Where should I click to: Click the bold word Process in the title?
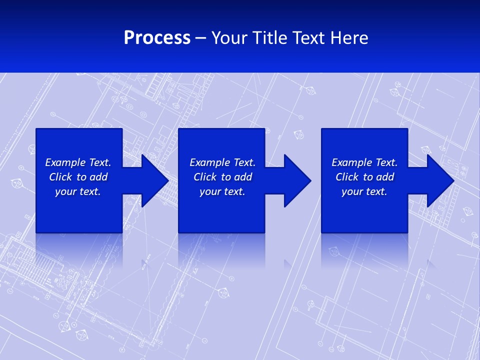157,38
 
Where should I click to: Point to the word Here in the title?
348,38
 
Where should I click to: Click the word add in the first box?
98,177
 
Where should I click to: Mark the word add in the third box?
385,177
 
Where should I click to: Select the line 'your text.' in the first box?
78,191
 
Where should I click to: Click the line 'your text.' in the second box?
222,191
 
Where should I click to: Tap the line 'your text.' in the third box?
364,191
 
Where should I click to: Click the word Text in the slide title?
307,38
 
